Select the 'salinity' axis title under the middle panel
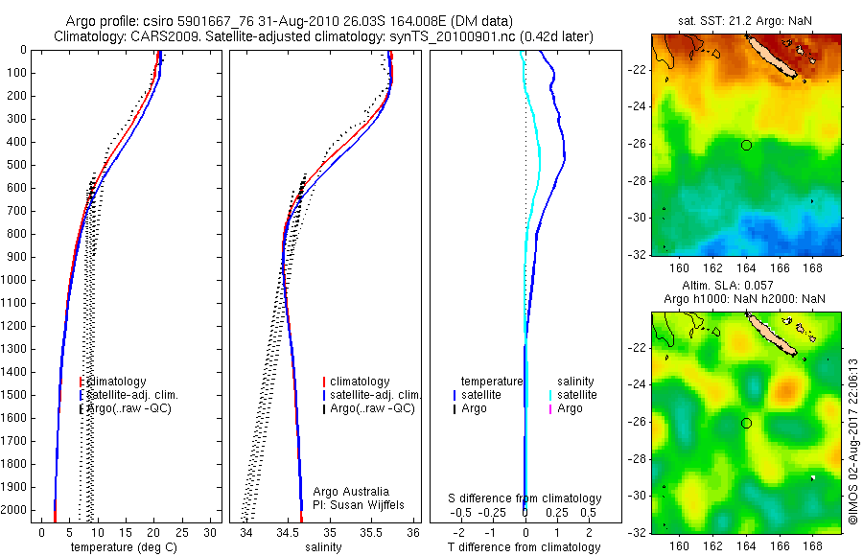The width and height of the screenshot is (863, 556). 321,547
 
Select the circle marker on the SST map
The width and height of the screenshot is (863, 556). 746,145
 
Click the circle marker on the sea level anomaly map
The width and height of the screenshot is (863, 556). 746,423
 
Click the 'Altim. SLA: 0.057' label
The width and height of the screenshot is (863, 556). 746,286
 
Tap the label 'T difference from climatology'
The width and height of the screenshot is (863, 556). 525,547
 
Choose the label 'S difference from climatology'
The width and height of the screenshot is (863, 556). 525,498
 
